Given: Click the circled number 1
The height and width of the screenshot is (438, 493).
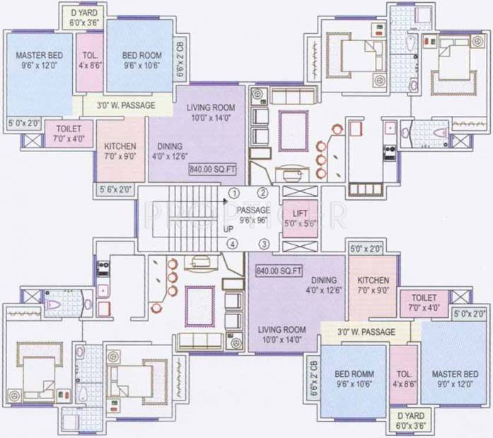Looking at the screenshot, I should (233, 192).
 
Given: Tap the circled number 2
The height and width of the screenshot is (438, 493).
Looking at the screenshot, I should (262, 192).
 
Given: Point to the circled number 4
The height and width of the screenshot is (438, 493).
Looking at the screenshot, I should (231, 244).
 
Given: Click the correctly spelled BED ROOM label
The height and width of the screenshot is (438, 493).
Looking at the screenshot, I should (141, 55).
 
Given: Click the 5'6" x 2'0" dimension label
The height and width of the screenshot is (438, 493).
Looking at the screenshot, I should (117, 189).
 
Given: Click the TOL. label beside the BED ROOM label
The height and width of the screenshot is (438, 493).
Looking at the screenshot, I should (90, 55).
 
